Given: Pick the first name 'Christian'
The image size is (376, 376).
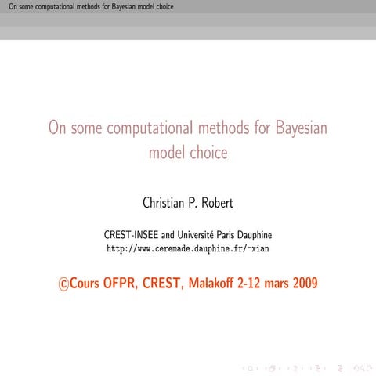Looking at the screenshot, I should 166,203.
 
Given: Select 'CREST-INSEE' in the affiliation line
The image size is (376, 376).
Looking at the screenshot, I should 131,234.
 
